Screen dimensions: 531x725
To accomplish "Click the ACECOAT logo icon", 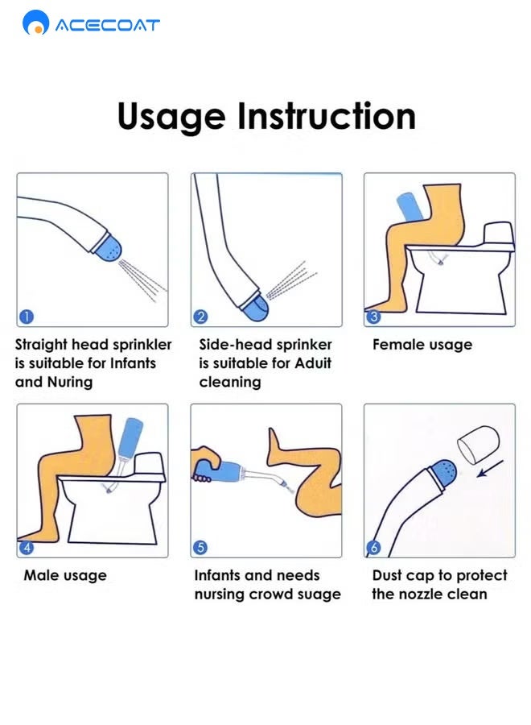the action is (x=35, y=23).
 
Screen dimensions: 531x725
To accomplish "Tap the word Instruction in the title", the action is (x=327, y=115).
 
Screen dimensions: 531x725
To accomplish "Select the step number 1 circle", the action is (x=27, y=317).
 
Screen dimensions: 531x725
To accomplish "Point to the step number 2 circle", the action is (x=200, y=317).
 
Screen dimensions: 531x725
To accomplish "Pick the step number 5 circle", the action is (x=200, y=548).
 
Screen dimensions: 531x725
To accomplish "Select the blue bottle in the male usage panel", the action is (x=130, y=437).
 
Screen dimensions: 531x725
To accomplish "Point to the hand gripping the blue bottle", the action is (x=206, y=464).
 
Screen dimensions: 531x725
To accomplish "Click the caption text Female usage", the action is (x=422, y=345).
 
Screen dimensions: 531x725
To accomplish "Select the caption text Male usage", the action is (x=65, y=576).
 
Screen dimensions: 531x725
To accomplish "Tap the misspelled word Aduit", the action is (x=313, y=363).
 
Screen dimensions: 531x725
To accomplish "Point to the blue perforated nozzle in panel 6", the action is (x=442, y=473).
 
